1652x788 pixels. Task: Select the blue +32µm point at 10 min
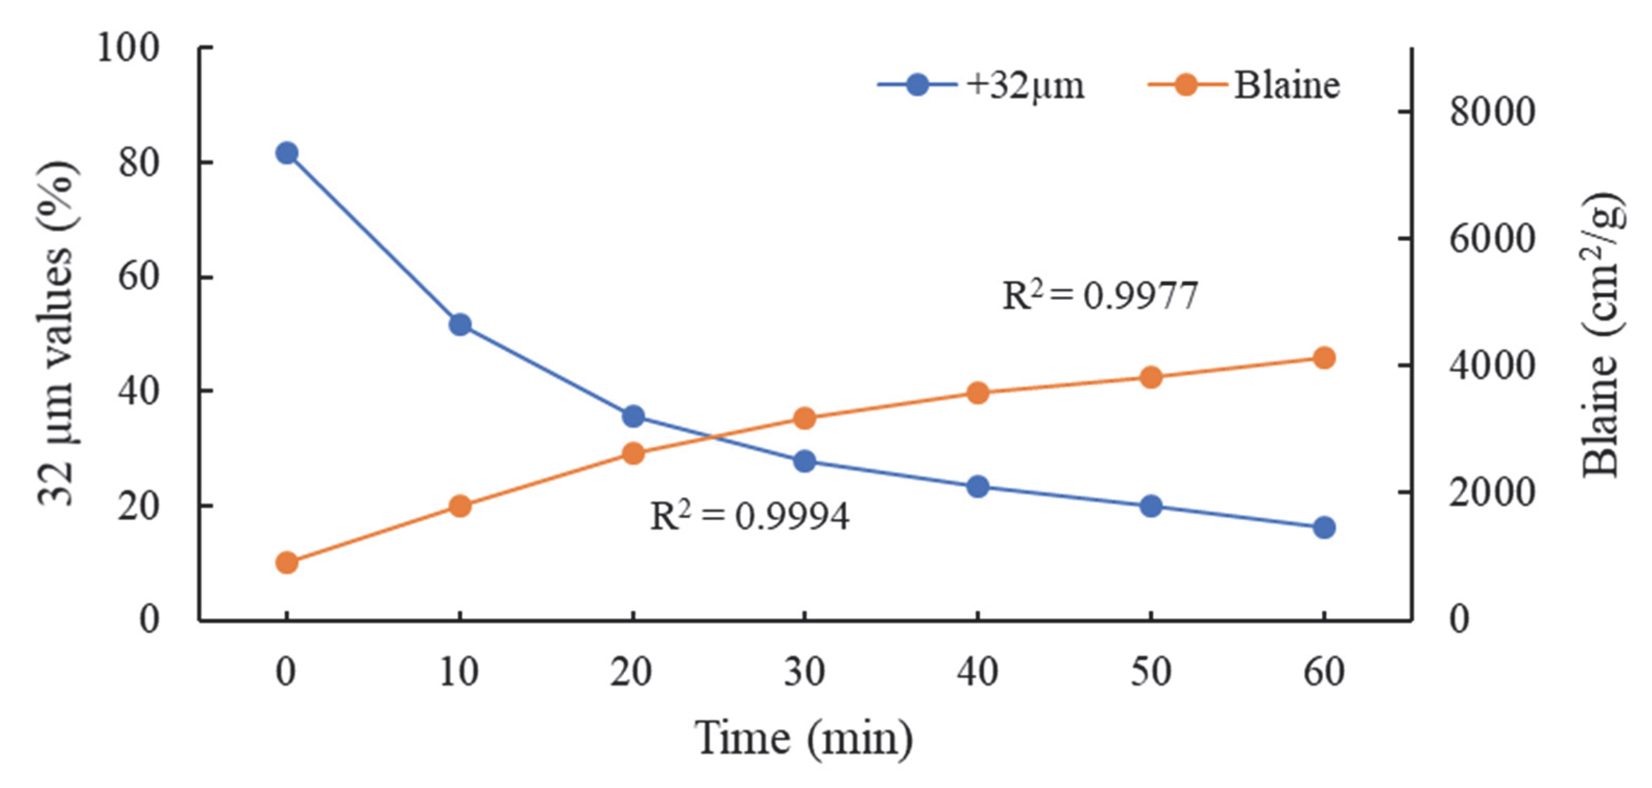click(460, 325)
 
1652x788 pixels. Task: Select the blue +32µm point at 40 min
click(977, 486)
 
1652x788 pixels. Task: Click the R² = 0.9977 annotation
click(1100, 296)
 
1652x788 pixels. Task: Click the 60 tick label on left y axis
click(138, 277)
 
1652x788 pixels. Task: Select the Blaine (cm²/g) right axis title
click(1604, 333)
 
